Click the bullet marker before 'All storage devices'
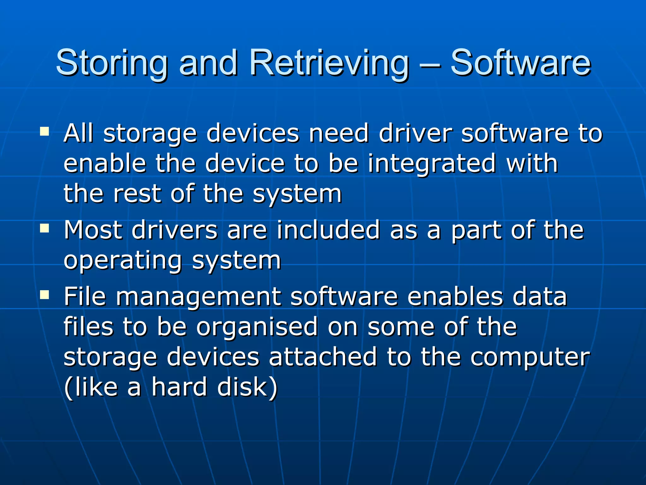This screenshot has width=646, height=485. (x=44, y=131)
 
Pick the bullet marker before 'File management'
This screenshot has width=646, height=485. (x=44, y=295)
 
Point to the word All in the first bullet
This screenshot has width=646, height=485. (x=79, y=133)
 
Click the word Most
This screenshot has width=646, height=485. (x=93, y=230)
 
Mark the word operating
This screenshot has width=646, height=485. (x=123, y=261)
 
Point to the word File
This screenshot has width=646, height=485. (x=85, y=296)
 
